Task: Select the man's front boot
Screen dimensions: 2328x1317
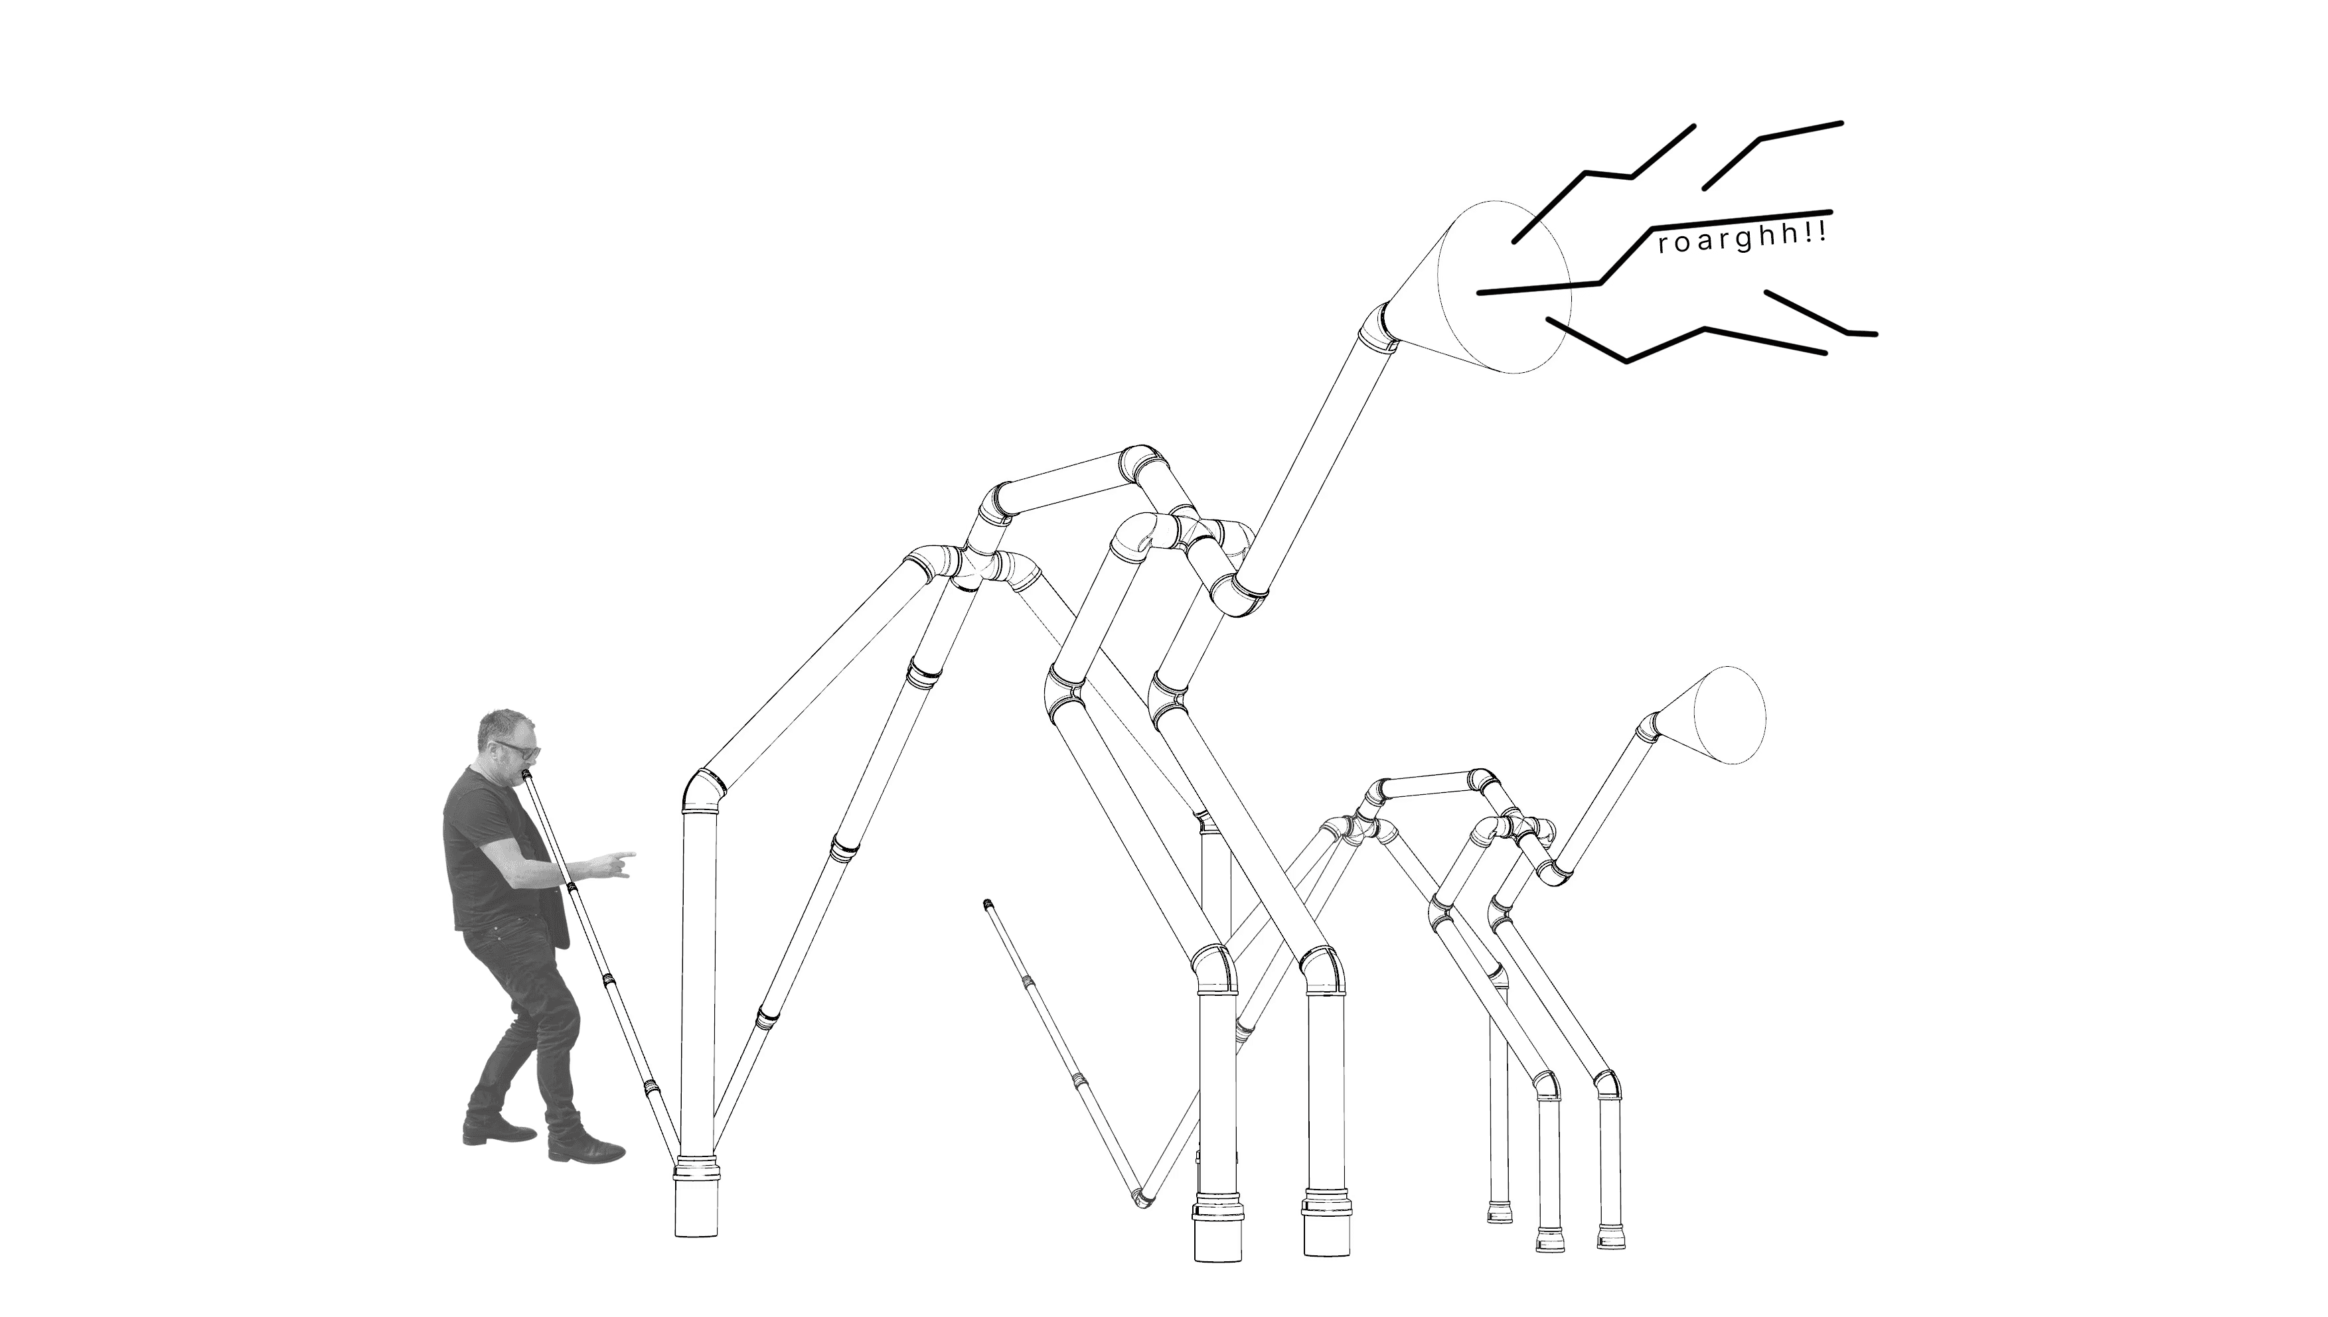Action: pos(586,1147)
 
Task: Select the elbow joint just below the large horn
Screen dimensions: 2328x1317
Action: pos(1376,326)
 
